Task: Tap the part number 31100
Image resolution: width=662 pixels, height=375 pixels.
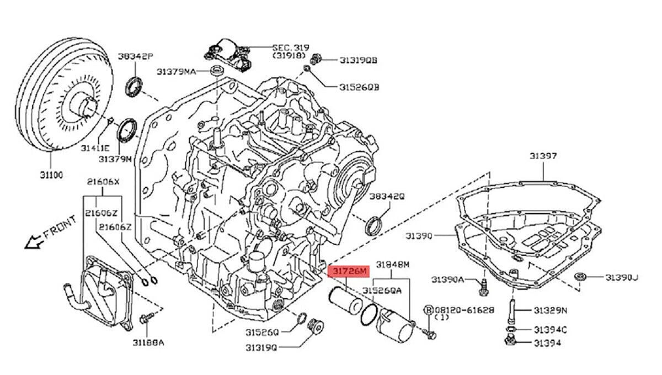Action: tap(51, 175)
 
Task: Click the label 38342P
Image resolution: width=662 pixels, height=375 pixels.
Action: tap(134, 57)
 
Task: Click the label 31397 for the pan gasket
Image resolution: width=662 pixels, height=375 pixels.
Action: tap(543, 156)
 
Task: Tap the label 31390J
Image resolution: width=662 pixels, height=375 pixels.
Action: tap(622, 277)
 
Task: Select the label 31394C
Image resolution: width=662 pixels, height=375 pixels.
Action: tap(550, 330)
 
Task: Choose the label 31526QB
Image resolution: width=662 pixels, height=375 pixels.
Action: tap(359, 87)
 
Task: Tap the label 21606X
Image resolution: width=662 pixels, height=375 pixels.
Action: tap(103, 182)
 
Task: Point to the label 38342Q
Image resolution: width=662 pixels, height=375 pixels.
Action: tap(387, 196)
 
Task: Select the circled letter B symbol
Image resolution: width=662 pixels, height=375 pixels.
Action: tap(429, 310)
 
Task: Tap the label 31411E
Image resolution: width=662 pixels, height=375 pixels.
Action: tap(94, 147)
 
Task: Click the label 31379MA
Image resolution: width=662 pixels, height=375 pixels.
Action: tap(176, 71)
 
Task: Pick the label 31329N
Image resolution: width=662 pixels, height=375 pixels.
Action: tap(549, 310)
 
